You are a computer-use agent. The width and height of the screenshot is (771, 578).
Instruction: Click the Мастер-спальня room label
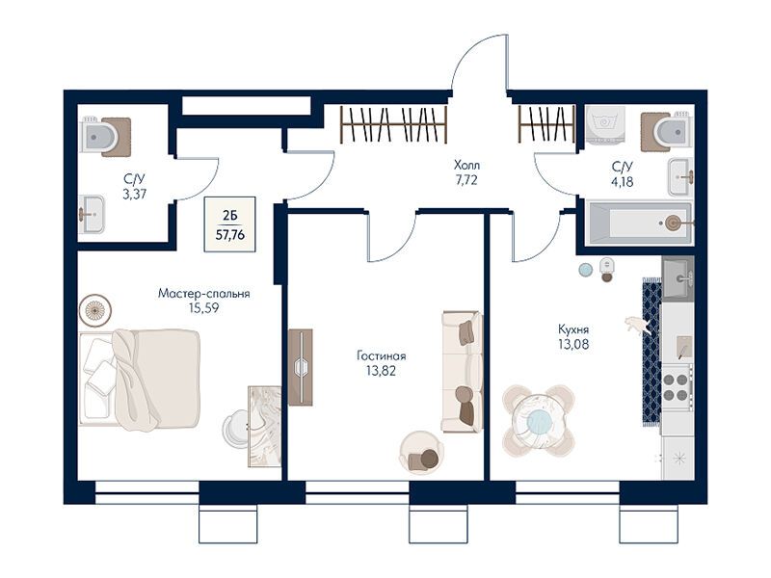coord(203,294)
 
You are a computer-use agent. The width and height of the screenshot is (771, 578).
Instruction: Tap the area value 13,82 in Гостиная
coord(381,371)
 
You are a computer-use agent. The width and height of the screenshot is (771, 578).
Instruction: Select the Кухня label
coord(573,329)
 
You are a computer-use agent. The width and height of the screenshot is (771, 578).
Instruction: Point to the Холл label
coord(466,165)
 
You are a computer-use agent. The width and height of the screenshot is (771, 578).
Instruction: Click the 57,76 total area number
coord(230,235)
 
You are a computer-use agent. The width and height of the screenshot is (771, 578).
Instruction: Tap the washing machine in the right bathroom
coord(606,125)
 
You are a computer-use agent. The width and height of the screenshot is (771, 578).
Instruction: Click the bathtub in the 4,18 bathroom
coord(640,223)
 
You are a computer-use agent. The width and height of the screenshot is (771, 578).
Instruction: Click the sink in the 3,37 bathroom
coord(92,214)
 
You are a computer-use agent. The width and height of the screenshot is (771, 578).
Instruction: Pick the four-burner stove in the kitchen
coord(677,387)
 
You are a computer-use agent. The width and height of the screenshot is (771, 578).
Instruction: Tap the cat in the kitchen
coord(637,326)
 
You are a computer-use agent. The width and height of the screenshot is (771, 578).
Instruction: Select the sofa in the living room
coord(462,372)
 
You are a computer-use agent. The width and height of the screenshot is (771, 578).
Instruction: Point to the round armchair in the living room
coord(422,453)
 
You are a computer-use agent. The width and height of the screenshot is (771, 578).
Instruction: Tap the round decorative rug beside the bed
coord(95,310)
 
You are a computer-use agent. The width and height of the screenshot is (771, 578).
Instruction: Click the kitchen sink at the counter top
coord(678,277)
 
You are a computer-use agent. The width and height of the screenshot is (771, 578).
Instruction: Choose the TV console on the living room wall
coord(301,367)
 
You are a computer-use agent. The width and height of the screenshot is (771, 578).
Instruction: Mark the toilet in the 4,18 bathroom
coord(668,132)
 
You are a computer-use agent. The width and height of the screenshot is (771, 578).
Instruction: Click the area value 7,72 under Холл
coord(466,180)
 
